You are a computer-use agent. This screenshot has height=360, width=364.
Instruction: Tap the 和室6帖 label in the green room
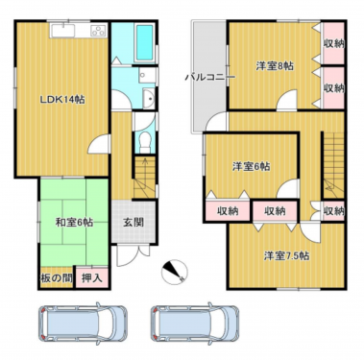73,223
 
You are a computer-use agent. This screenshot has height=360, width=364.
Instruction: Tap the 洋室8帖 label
275,66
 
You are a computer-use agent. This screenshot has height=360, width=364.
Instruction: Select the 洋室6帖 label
251,166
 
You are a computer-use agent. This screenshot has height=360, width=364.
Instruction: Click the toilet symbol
142,140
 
